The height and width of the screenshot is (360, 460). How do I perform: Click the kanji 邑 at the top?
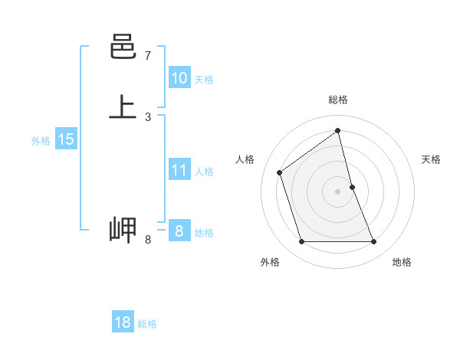pyautogui.click(x=123, y=48)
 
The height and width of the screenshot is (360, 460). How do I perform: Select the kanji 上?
pyautogui.click(x=123, y=107)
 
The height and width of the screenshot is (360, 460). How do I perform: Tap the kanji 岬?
pyautogui.click(x=123, y=230)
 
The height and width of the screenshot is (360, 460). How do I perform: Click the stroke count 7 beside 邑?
pyautogui.click(x=148, y=56)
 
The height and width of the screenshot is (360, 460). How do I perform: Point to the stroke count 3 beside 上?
pyautogui.click(x=148, y=116)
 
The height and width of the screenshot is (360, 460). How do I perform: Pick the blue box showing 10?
pyautogui.click(x=179, y=78)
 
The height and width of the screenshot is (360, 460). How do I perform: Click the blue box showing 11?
pyautogui.click(x=179, y=170)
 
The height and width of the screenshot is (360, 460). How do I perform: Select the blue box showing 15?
pyautogui.click(x=66, y=139)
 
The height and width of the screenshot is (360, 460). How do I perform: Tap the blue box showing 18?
pyautogui.click(x=123, y=322)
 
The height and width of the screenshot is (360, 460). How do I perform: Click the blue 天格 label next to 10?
pyautogui.click(x=204, y=80)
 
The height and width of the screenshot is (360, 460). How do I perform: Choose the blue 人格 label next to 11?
pyautogui.click(x=204, y=172)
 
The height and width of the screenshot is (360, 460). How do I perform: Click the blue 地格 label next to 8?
pyautogui.click(x=204, y=233)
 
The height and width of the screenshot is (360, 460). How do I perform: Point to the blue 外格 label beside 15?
pyautogui.click(x=41, y=141)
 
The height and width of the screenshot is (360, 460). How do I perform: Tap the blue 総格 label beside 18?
pyautogui.click(x=147, y=324)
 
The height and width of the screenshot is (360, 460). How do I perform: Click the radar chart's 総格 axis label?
pyautogui.click(x=338, y=100)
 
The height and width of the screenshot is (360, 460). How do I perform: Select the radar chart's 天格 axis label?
pyautogui.click(x=432, y=159)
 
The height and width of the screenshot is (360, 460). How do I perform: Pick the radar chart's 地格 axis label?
pyautogui.click(x=402, y=262)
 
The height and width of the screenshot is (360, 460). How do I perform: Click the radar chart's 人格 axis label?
pyautogui.click(x=245, y=159)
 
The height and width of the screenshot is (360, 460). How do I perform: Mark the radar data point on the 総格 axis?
pyautogui.click(x=338, y=130)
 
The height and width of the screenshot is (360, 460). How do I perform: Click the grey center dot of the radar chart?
pyautogui.click(x=338, y=191)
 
